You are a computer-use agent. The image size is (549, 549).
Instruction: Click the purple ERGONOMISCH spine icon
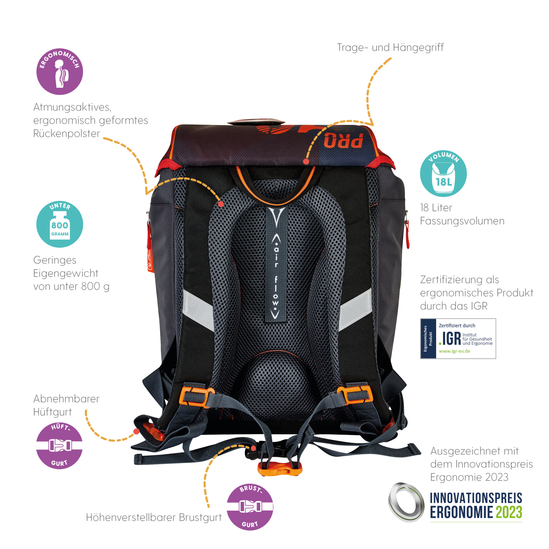pos(60,71)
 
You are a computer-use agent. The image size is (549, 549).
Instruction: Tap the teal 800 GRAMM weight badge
pos(60,224)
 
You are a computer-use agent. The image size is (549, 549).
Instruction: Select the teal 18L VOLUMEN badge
pos(443,173)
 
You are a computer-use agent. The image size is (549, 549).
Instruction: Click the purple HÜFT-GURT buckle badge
pos(60,445)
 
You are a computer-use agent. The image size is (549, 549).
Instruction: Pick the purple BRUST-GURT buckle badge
pos(250,507)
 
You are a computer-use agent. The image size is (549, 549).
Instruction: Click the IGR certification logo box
pos(458,339)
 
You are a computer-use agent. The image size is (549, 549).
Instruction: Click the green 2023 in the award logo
pos(509,512)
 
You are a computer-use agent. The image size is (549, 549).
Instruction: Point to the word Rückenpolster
pos(66,133)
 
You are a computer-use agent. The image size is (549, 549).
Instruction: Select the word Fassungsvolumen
pos(462,221)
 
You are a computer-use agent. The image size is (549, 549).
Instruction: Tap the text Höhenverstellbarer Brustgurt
pos(154,517)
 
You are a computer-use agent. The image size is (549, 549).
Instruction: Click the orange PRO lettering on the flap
pos(344,140)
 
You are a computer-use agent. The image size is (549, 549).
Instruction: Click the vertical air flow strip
pos(276,264)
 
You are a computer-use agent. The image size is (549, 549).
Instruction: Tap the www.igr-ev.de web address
pos(454,351)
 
